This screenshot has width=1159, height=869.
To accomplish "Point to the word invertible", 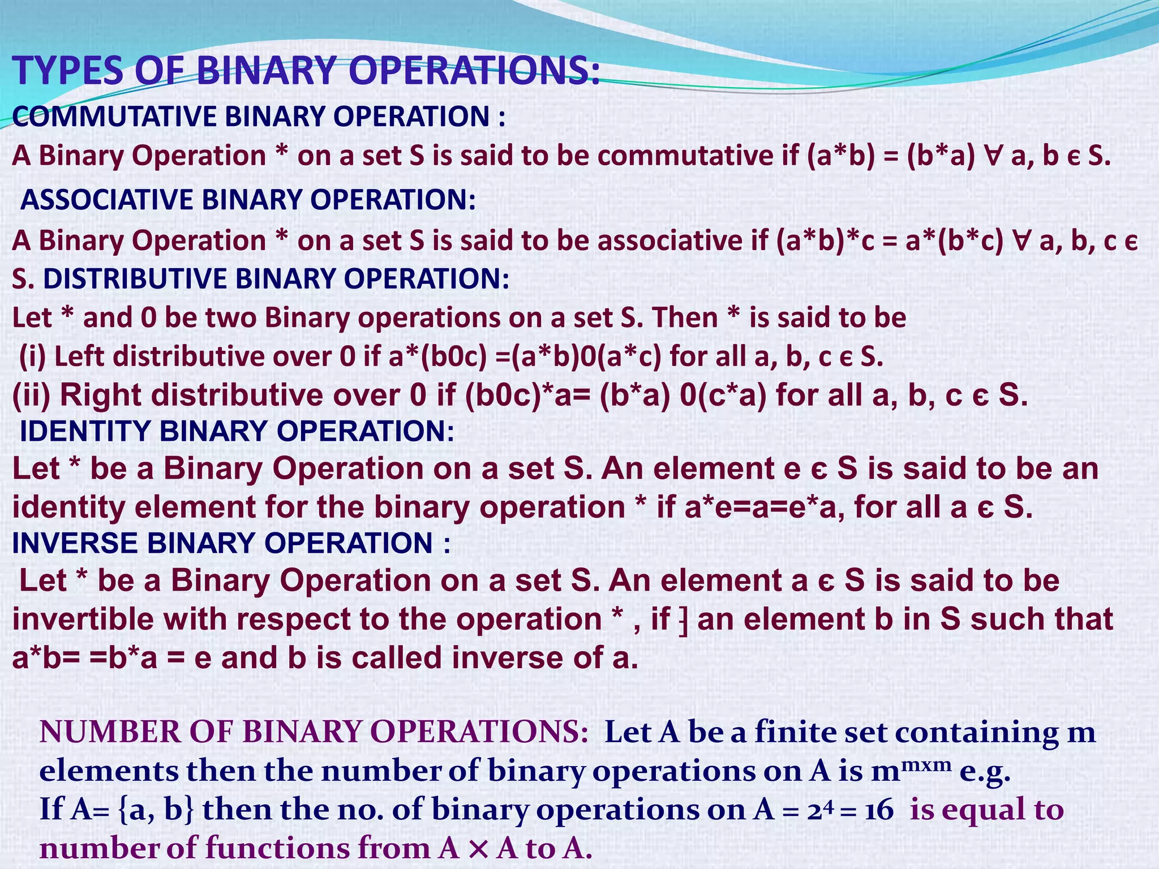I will (x=83, y=620).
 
